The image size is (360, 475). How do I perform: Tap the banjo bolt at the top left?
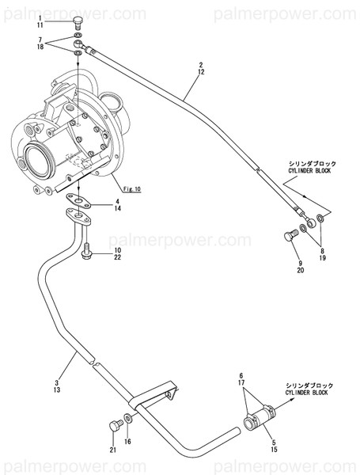(x=77, y=21)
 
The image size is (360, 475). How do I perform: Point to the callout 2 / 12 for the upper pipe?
(x=201, y=68)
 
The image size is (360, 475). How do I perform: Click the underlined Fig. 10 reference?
(x=131, y=188)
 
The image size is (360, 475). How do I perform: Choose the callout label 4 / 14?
(x=116, y=204)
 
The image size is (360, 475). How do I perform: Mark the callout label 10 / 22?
(x=116, y=254)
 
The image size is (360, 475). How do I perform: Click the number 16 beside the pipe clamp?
(x=129, y=441)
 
